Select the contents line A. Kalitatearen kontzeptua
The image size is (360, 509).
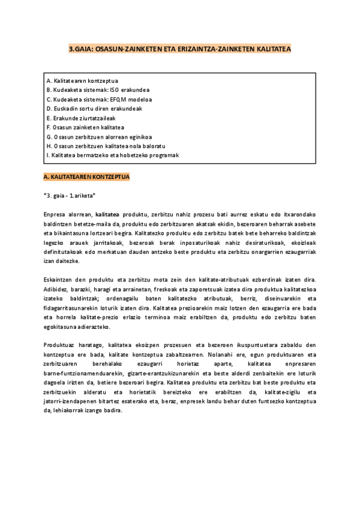coord(82,80)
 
